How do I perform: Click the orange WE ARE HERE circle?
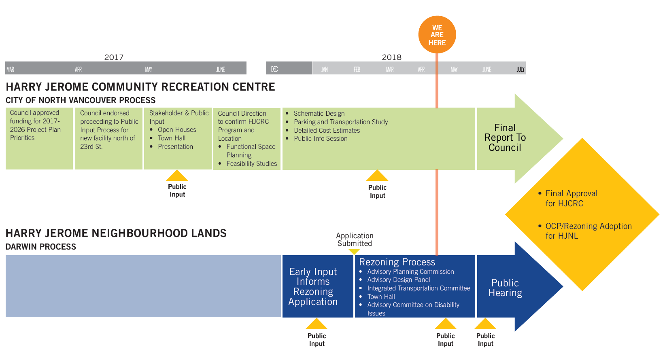point(437,35)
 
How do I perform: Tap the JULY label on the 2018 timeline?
point(520,70)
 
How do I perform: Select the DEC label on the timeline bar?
point(274,69)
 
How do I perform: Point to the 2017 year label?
point(114,57)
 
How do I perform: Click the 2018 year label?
point(391,57)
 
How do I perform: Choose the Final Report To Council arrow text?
point(505,138)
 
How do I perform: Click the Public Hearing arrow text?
point(505,288)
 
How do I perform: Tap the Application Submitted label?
point(355,239)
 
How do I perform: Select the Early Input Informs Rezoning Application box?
point(313,286)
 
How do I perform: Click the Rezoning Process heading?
point(397,262)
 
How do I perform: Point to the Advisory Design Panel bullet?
point(398,280)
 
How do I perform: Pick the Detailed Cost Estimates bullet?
point(327,130)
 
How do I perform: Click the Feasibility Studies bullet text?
point(251,163)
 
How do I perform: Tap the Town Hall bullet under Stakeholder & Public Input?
point(172,138)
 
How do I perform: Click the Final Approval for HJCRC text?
point(571,198)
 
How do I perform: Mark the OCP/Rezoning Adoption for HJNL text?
point(588,231)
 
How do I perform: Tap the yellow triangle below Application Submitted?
point(354,252)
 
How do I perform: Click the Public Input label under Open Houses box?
point(177,191)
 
